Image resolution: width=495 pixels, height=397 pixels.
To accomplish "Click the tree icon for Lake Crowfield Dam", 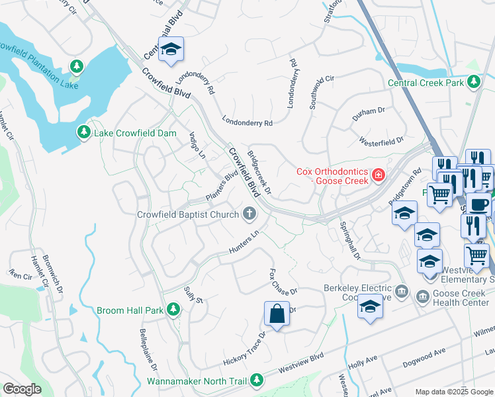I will click(84, 132).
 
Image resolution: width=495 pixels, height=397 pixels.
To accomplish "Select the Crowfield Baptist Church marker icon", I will click(249, 213).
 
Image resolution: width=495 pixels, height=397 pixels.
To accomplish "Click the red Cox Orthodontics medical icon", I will click(378, 175).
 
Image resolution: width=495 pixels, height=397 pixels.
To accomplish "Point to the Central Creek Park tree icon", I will click(473, 82).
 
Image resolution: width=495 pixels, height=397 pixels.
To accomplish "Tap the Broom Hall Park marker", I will click(173, 309).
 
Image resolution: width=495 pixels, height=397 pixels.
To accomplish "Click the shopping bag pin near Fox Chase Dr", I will click(277, 314).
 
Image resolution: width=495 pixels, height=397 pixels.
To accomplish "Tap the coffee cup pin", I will click(479, 203).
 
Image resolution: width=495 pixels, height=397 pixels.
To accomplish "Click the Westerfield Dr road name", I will click(381, 141).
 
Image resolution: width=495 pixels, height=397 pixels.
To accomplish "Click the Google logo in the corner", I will click(22, 389).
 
